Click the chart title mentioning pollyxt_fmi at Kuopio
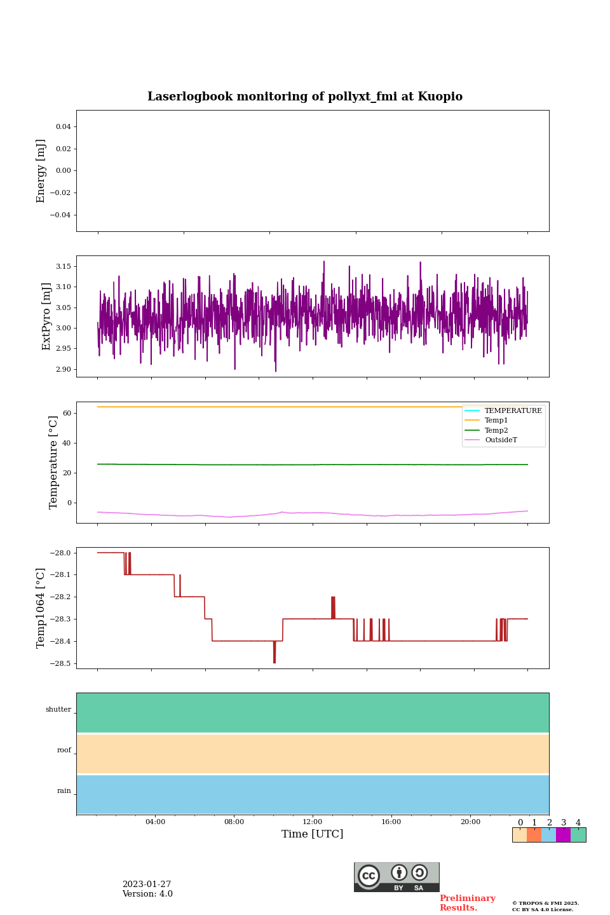(305, 97)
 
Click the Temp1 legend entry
(496, 421)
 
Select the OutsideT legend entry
(501, 440)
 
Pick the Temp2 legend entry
(496, 430)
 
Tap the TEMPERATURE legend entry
(513, 411)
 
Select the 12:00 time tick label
(313, 822)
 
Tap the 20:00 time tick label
(470, 822)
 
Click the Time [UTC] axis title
(313, 834)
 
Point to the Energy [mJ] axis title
(41, 171)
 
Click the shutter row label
(58, 710)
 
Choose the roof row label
(64, 750)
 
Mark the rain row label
(64, 791)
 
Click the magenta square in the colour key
(563, 835)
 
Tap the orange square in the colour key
(534, 835)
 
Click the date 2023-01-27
(147, 884)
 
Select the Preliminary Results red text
(467, 903)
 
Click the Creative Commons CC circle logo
(369, 876)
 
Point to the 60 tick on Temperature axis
(66, 413)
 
